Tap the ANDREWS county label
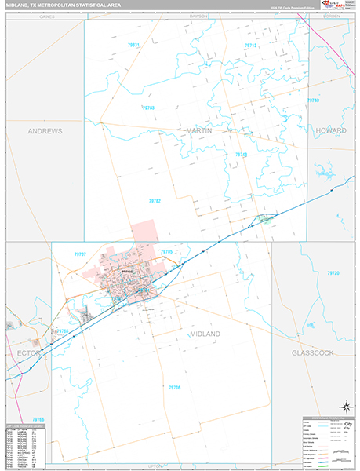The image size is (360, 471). (x=45, y=131)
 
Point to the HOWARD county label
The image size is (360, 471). (x=331, y=130)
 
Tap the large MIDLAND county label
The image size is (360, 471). (x=205, y=334)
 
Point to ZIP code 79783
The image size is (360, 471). (x=149, y=108)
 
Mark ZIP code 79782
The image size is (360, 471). (x=155, y=201)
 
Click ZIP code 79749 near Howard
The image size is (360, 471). (x=314, y=100)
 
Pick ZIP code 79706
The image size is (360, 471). (x=174, y=387)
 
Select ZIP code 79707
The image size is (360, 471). (x=80, y=254)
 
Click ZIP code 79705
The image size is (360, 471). (x=165, y=251)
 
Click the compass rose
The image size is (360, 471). (x=345, y=406)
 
